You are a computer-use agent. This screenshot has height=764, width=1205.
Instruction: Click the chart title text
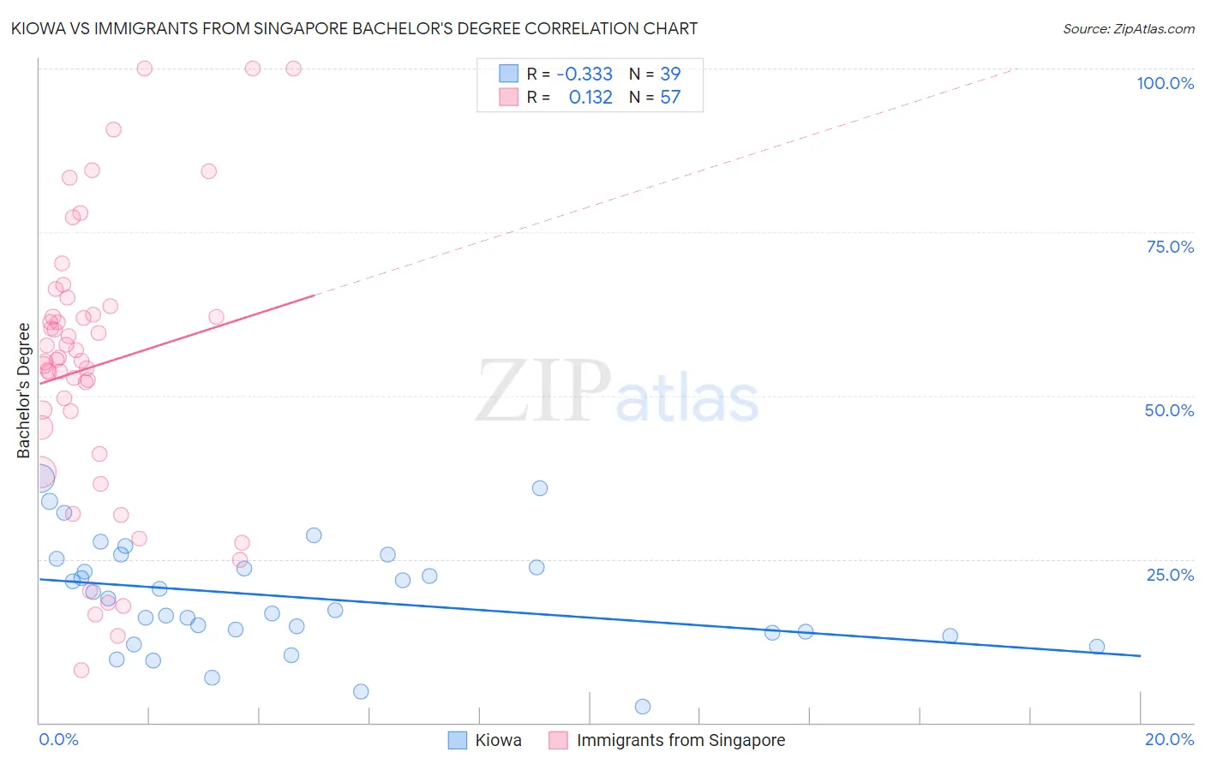click(355, 28)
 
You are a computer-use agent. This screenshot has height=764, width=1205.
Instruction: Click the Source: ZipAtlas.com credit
click(1128, 28)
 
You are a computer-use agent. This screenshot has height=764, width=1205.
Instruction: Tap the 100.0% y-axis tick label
click(1165, 83)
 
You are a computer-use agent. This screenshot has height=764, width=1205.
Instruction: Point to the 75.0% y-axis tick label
click(1170, 247)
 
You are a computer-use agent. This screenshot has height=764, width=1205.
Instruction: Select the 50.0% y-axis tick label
click(1169, 410)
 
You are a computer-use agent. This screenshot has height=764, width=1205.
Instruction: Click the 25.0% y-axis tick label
click(1170, 574)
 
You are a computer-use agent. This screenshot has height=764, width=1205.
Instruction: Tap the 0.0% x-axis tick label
click(58, 739)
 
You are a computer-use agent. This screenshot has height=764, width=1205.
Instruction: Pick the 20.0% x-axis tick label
click(1169, 739)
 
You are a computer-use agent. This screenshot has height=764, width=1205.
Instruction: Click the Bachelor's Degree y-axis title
click(24, 391)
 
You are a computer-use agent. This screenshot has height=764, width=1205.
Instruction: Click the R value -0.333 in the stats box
click(585, 74)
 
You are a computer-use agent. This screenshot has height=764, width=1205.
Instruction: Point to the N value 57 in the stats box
click(670, 97)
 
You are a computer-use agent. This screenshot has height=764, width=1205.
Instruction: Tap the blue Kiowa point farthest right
click(1096, 647)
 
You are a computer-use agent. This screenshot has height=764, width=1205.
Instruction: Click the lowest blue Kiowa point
click(643, 707)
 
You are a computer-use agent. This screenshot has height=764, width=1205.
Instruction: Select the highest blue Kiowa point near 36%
click(540, 488)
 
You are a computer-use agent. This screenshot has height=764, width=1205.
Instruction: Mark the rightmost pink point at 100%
click(293, 69)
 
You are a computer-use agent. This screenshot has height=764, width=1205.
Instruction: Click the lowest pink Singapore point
click(81, 670)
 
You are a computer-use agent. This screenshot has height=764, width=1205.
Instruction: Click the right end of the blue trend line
click(1140, 655)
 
